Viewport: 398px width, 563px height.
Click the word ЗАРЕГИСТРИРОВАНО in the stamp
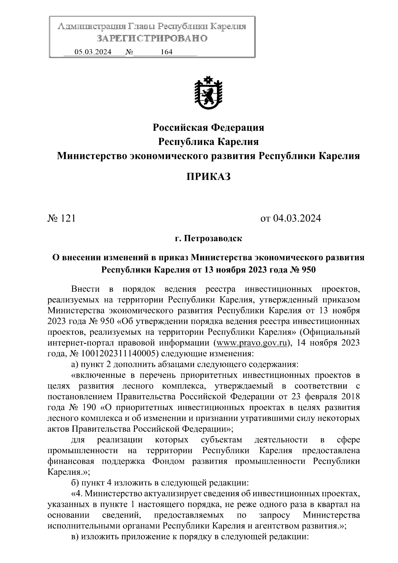[152, 38]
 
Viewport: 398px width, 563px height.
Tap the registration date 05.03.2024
[93, 52]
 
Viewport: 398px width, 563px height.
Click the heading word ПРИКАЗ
[208, 177]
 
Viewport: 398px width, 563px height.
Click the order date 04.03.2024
[297, 218]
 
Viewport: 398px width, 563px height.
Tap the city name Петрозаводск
[213, 238]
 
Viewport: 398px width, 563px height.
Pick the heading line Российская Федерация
[208, 127]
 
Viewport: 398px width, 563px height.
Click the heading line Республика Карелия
[208, 142]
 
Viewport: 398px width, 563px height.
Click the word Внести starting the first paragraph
[85, 289]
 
